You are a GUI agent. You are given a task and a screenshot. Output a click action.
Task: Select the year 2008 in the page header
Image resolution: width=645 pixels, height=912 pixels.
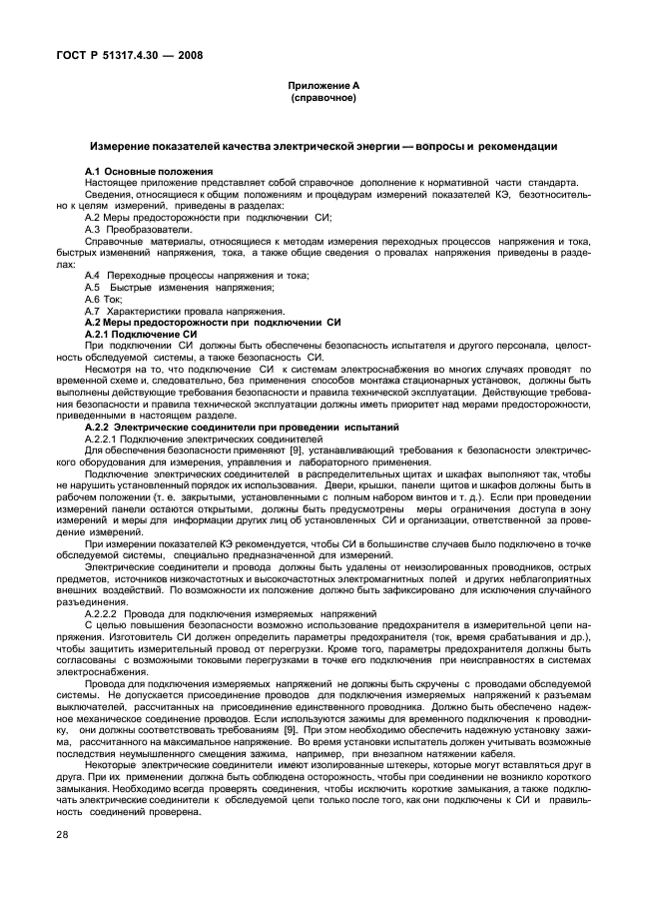[186, 55]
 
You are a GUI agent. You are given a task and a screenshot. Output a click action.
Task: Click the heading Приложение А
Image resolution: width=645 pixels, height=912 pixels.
[322, 87]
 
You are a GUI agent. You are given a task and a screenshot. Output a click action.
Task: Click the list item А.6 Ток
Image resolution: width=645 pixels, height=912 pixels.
[103, 299]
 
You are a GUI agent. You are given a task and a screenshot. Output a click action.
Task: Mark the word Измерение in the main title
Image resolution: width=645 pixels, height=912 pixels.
[120, 146]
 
